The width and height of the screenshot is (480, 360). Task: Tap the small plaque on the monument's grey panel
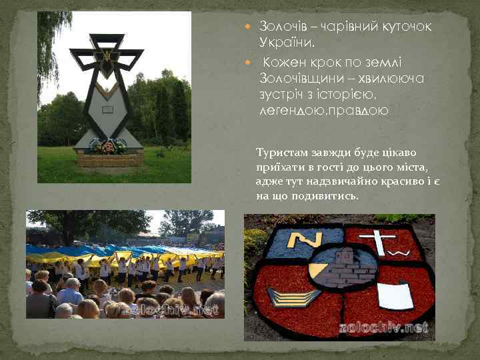click(107, 110)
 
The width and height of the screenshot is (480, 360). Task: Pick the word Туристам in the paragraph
click(279, 153)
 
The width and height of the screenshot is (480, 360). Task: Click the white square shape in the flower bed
click(395, 295)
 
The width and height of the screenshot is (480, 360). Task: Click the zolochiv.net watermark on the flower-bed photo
click(381, 327)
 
